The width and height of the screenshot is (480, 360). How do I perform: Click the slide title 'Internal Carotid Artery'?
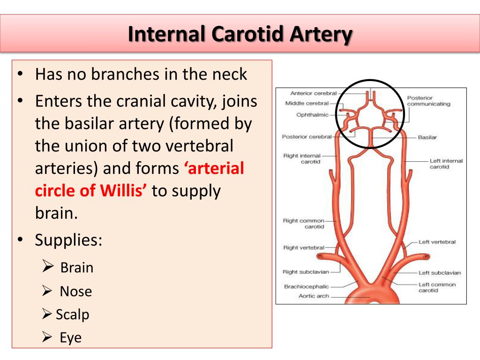[240, 34]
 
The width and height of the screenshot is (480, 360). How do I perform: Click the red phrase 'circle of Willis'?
[91, 191]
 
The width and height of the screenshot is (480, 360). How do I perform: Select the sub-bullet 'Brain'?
[77, 268]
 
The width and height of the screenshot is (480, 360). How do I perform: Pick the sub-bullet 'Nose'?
[75, 292]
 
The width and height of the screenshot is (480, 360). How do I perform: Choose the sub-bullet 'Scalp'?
[72, 315]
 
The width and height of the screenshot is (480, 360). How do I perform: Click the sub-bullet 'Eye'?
[70, 337]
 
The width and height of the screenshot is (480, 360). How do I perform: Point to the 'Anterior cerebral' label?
[313, 93]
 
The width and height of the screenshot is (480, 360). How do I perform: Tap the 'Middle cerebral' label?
[307, 103]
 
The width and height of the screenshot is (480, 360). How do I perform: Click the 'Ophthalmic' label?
[312, 114]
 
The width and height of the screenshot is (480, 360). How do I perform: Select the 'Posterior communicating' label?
[428, 101]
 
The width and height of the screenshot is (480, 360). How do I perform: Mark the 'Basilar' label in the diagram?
[427, 137]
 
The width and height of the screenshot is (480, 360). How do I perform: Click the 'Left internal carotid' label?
[446, 164]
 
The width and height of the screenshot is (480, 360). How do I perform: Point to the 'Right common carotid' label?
[304, 224]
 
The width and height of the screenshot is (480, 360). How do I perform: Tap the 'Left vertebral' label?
[437, 242]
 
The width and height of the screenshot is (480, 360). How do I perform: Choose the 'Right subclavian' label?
[306, 272]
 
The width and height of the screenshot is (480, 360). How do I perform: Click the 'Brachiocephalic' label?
[307, 286]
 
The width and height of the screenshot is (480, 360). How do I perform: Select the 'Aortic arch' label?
[314, 296]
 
